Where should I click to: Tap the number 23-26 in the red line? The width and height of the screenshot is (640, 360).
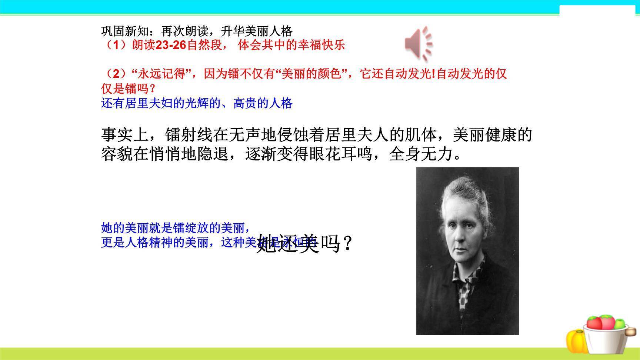170,45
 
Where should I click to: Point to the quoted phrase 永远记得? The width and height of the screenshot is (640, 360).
161,74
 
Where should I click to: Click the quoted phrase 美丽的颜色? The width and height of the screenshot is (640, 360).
311,74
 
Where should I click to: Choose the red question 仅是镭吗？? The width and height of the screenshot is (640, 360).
128,89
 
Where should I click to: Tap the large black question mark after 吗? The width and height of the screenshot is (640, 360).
347,244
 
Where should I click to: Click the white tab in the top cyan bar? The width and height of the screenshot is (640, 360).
599,10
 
